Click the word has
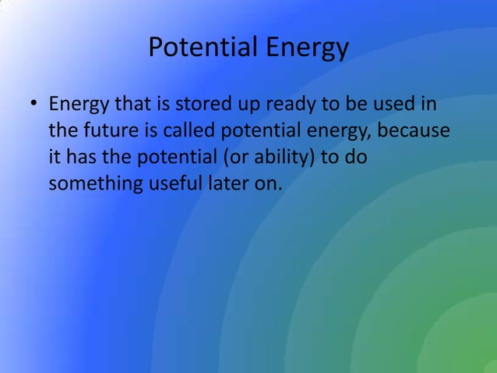(x=84, y=157)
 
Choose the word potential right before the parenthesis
(x=177, y=157)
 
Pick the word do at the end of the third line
(x=356, y=157)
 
